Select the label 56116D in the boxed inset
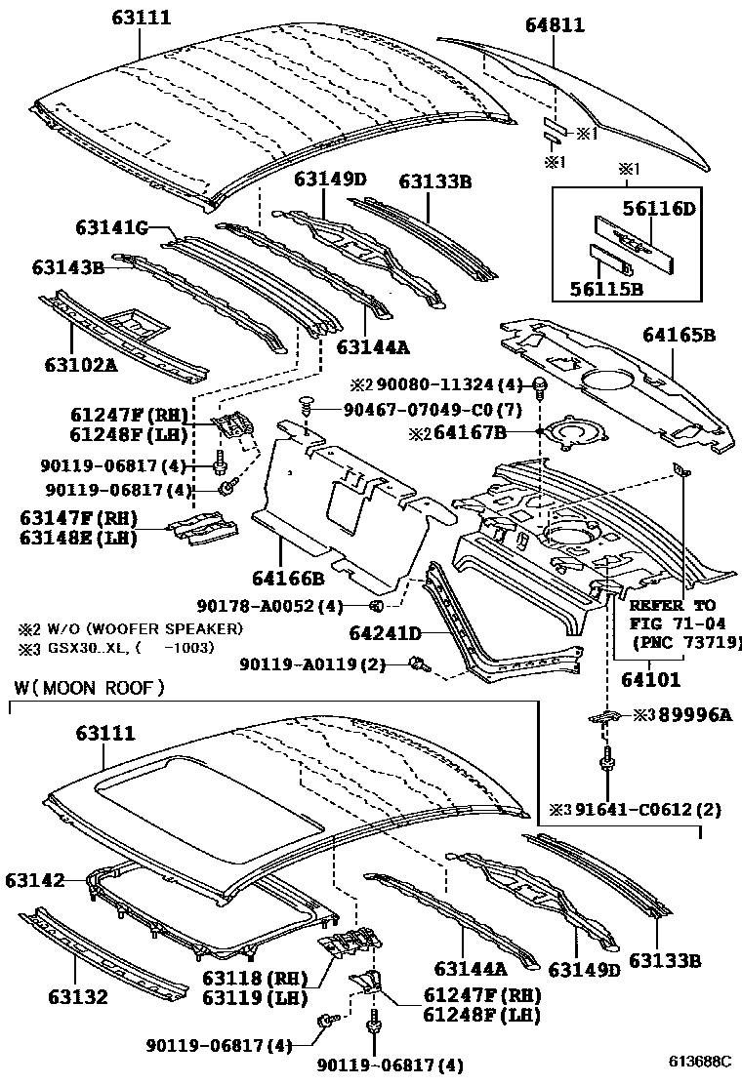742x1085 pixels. point(659,208)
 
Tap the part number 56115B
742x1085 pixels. point(606,289)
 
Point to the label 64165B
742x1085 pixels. point(679,336)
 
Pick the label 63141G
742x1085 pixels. point(111,228)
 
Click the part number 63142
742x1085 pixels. point(33,880)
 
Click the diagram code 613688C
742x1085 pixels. point(702,1061)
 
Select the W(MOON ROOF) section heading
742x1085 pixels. point(89,688)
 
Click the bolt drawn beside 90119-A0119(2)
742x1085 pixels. point(420,665)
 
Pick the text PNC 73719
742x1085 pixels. point(689,642)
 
